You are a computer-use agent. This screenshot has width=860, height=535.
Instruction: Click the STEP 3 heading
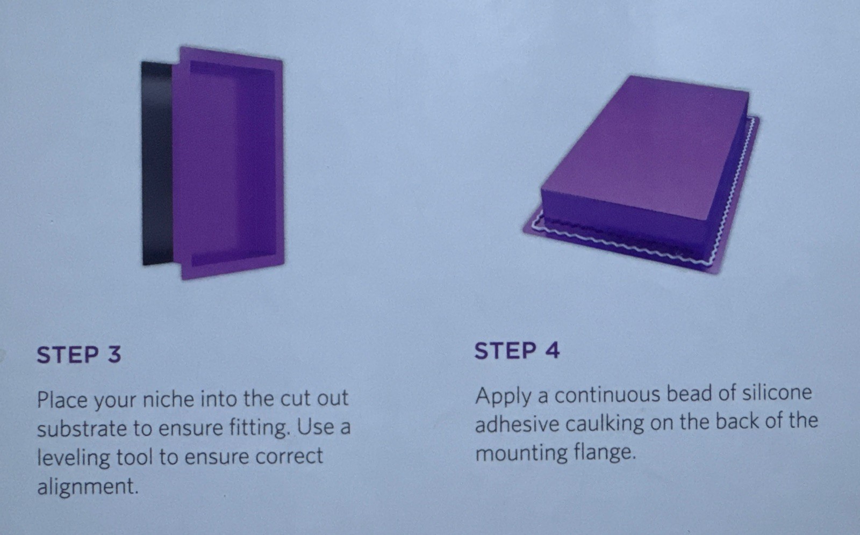tap(78, 354)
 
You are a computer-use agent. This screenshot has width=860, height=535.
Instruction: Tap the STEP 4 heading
tap(517, 351)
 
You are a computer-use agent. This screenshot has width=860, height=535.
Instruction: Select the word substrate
tap(82, 428)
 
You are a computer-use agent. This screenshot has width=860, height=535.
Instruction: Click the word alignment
tap(88, 487)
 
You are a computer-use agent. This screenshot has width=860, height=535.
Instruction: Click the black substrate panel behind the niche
tap(156, 163)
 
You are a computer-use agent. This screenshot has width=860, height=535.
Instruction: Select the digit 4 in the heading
tap(551, 351)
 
